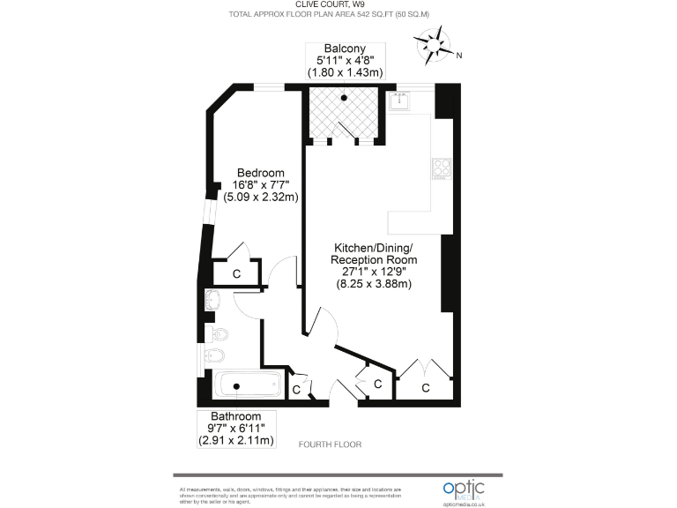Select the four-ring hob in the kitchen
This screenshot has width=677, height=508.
click(441, 167)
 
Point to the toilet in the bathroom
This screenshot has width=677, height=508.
click(217, 334)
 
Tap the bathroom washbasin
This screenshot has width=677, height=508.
click(212, 301)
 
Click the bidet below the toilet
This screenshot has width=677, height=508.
click(215, 357)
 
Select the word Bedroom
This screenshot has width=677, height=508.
click(260, 172)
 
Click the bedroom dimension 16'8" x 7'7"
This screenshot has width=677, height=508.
click(260, 185)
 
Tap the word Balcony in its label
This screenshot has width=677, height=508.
click(344, 49)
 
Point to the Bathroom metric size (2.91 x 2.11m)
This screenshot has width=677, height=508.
click(235, 440)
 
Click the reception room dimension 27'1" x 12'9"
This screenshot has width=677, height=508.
click(373, 273)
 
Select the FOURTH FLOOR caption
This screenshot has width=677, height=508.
click(330, 444)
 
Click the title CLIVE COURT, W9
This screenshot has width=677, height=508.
click(340, 4)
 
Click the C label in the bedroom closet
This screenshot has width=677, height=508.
click(236, 274)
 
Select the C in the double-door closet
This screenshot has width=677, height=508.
click(426, 387)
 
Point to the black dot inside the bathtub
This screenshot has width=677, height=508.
click(236, 386)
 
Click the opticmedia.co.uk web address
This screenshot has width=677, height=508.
click(465, 503)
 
